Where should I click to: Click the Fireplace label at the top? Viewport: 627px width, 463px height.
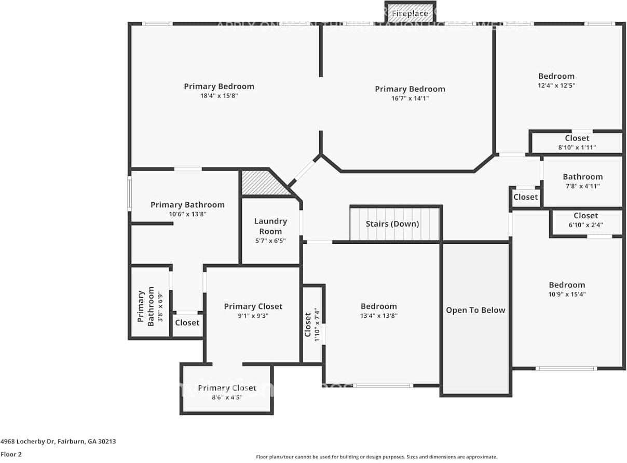coord(410,13)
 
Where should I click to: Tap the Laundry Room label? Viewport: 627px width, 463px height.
coord(270,226)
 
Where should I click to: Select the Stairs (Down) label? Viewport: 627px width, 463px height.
coord(392,224)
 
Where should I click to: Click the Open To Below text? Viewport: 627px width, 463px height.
coord(475,310)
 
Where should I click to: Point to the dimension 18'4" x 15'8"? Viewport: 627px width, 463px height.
coord(219,96)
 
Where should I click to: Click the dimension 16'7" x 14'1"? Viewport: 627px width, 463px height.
coord(410,99)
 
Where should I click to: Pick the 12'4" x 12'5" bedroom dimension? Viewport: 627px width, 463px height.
coord(556,86)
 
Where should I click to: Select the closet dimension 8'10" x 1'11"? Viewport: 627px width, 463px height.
coord(577,147)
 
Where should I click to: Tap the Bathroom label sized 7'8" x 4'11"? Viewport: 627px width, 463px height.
coord(582,177)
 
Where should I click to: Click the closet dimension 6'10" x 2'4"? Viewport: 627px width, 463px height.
coord(585,225)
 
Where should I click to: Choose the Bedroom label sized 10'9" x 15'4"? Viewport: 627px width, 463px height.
coord(567,285)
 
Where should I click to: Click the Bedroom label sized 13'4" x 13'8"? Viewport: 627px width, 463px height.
coord(379,306)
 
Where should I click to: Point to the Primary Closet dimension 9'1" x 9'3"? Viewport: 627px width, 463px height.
coord(253,316)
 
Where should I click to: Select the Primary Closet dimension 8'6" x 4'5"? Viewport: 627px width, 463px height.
coord(227,398)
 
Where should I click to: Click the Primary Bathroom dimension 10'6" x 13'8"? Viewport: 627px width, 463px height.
coord(187,214)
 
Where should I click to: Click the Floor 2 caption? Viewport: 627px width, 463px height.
coord(11,454)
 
